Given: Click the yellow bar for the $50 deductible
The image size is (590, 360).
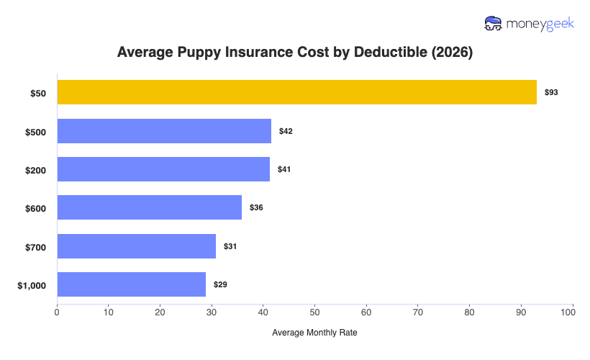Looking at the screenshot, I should coord(296,92).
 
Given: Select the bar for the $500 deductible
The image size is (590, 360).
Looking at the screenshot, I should coord(164,131).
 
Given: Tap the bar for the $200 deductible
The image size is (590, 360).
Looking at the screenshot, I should coord(163,169).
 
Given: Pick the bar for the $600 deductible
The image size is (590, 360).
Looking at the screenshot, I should coord(149,207).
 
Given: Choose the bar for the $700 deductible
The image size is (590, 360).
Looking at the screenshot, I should coord(136,246).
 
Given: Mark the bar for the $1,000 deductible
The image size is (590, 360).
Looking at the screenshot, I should coord(131,284).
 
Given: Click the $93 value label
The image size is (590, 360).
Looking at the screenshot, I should coord(551,93).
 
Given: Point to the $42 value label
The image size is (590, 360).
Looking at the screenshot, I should coord(286,131).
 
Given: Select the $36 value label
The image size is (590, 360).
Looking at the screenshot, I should coord(256,207).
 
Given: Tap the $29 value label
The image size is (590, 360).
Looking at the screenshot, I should coord(220,284).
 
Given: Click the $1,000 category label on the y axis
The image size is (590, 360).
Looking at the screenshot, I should coord(32,285).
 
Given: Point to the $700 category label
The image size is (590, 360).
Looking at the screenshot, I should coord(35,247).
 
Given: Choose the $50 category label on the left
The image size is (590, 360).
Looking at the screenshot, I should coord(37,93).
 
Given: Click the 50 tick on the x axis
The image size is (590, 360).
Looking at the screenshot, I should coord(314,312).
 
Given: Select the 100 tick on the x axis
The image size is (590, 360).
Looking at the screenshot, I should coord(572,312).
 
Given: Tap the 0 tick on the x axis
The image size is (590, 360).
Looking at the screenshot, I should coord(57,312).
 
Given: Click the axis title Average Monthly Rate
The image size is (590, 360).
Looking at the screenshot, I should coord(314,333).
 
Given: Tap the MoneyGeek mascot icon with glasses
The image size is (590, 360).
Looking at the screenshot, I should coord(494,24).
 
